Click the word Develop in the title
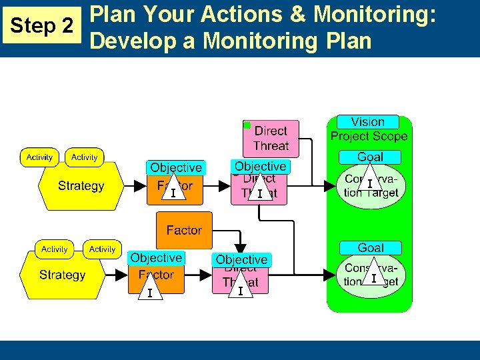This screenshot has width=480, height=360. coord(123,41)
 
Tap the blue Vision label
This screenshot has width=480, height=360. coord(367,122)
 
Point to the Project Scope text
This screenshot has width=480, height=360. coord(369,137)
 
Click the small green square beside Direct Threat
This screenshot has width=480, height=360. coord(247,125)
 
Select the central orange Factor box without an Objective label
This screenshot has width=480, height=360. coord(184,230)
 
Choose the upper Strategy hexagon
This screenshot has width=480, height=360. coord(81,186)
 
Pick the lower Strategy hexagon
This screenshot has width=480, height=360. coord(63,275)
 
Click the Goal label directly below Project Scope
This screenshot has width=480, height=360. coord(370,157)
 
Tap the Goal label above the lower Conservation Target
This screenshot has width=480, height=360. coord(370,247)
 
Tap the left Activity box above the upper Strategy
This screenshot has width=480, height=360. coord(39,157)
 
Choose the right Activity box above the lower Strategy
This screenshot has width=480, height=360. coord(102,249)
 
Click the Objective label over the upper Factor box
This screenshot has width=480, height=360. coord(176,168)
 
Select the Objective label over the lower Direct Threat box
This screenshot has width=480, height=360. coord(241,259)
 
